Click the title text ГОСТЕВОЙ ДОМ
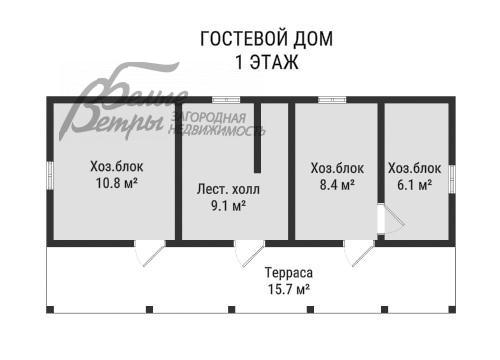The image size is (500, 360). point(267,39)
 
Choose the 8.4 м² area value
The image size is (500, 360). point(336,185)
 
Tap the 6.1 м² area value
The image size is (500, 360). point(411,185)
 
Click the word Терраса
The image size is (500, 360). point(289,271)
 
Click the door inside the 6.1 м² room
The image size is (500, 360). point(388,220)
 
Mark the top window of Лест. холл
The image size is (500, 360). point(225,98)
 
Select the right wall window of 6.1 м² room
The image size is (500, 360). point(452,176)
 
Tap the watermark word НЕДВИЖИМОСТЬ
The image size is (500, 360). point(216,131)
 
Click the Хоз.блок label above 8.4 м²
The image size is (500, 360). point(337,168)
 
